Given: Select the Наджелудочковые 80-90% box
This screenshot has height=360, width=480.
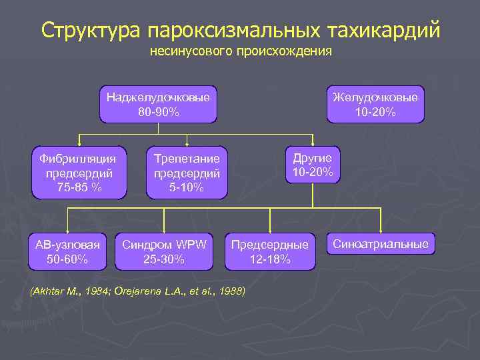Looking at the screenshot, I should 159,104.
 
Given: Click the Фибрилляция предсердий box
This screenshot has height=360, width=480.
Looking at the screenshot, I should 79,173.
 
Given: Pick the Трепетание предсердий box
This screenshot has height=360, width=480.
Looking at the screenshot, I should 187,173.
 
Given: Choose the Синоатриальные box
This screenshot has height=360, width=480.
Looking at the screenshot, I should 381,244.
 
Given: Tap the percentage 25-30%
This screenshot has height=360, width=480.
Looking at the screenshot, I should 164,259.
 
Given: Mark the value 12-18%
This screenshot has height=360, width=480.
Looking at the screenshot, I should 269,259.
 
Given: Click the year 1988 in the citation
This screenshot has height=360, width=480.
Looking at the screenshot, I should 231,291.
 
